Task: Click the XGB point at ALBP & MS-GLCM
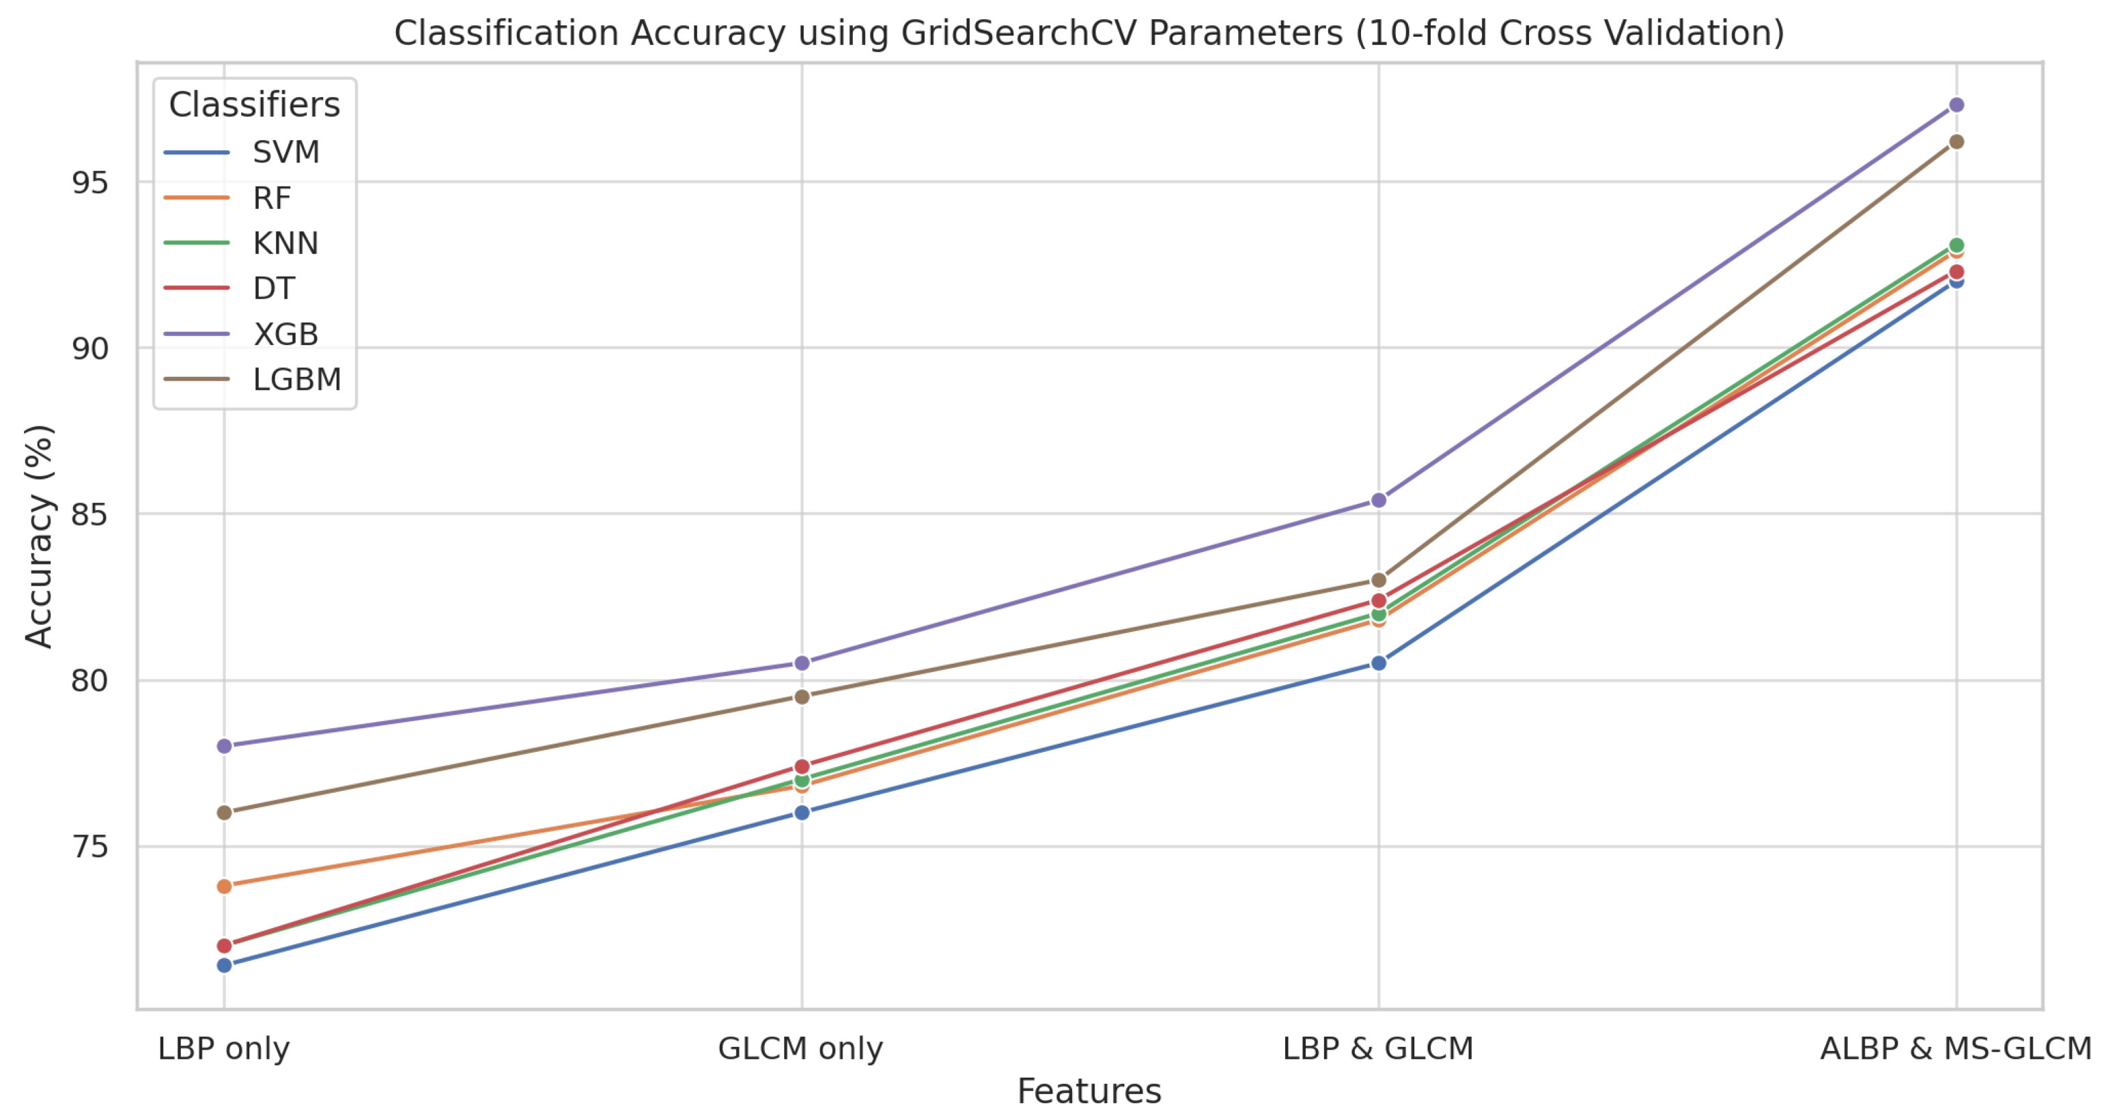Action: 1956,104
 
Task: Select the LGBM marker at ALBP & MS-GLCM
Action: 1956,141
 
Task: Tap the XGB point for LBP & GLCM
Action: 1379,500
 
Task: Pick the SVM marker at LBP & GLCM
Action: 1379,663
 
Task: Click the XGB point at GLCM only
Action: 802,663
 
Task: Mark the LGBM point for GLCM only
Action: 802,697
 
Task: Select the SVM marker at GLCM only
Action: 802,813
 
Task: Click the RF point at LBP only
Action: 225,886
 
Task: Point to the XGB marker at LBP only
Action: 225,746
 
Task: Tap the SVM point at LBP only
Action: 225,966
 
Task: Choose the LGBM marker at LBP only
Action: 225,813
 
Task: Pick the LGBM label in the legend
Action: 296,380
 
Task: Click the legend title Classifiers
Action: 254,104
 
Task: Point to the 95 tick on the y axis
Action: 90,182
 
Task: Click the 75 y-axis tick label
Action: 90,847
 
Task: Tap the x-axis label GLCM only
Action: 800,1048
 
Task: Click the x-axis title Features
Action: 1089,1091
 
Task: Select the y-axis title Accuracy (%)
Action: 38,537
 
